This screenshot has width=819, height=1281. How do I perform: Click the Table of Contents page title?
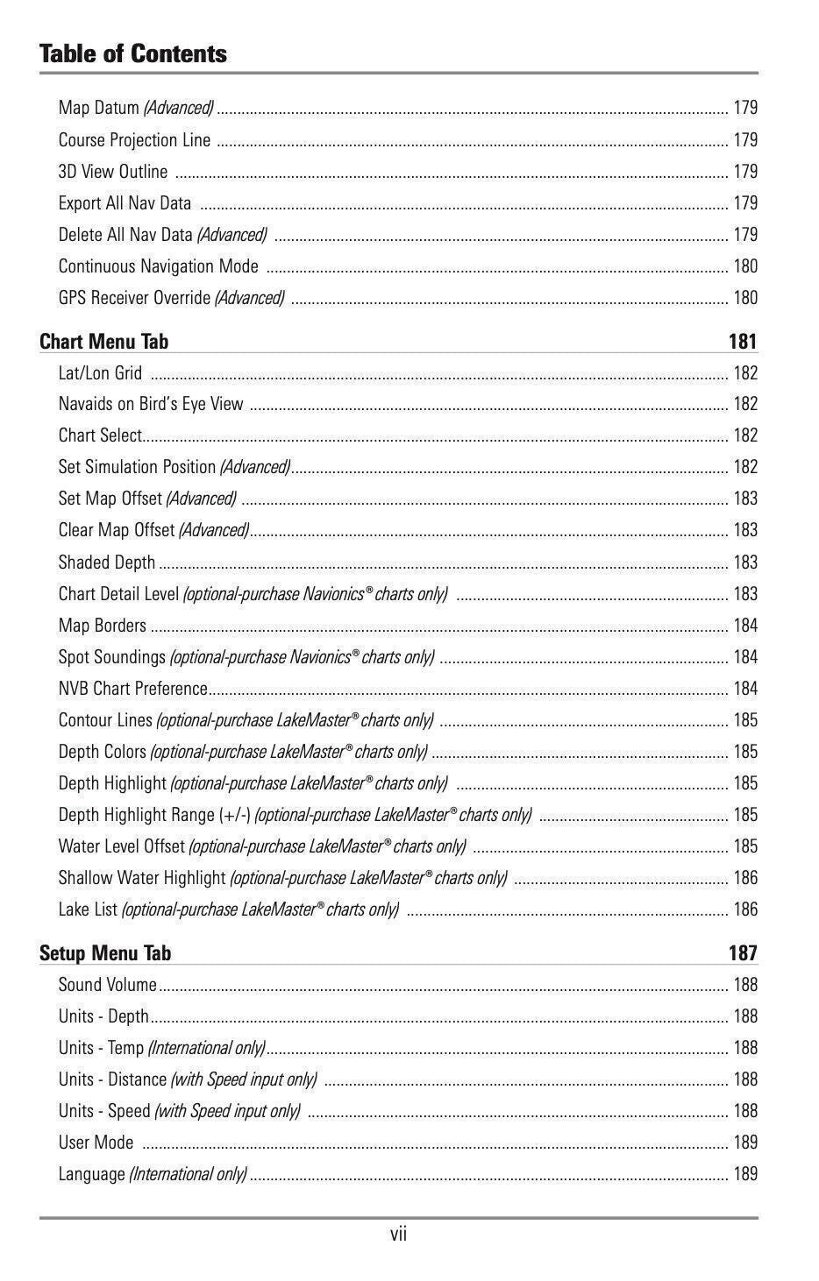(132, 53)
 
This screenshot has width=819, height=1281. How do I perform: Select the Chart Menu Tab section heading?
(103, 342)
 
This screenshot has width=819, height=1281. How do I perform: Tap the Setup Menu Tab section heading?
(104, 953)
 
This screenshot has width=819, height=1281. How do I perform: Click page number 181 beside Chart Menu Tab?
(742, 342)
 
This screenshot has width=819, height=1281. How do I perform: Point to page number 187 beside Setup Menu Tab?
(742, 953)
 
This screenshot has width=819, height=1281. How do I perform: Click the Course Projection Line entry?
(134, 140)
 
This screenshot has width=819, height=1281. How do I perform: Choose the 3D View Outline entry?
(112, 172)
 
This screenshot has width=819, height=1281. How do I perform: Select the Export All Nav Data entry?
(125, 203)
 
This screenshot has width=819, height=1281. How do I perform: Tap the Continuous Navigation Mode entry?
(158, 266)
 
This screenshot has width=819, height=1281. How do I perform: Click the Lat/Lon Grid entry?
(100, 373)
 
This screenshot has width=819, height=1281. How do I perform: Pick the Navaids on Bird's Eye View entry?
(151, 404)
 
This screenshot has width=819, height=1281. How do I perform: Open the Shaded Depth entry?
(106, 563)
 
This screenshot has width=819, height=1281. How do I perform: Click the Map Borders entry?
(102, 626)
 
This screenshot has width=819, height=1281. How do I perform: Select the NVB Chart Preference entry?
(132, 689)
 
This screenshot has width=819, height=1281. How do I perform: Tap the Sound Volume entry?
(107, 985)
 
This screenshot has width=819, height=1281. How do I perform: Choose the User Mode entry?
(96, 1143)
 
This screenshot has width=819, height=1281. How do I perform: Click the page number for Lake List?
(744, 909)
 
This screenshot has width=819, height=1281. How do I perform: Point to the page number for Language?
(744, 1174)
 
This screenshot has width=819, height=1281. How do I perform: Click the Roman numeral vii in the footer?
(398, 1235)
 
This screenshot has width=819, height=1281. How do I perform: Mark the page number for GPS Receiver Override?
(744, 298)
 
